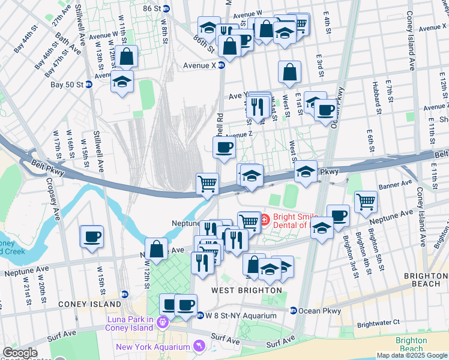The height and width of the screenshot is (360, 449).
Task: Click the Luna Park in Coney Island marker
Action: coord(162,323)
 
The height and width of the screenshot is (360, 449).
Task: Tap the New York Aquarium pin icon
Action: coord(199,347)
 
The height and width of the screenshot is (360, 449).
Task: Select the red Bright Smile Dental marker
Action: coord(265,217)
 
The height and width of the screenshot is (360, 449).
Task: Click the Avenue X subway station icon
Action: coord(221,65)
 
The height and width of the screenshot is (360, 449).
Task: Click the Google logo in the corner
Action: coord(19,353)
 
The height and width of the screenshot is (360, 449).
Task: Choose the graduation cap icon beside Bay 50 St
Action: coord(122,82)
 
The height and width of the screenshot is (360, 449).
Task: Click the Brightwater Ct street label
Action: coord(378,323)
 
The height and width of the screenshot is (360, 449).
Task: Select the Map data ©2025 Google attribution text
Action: coord(412,355)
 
